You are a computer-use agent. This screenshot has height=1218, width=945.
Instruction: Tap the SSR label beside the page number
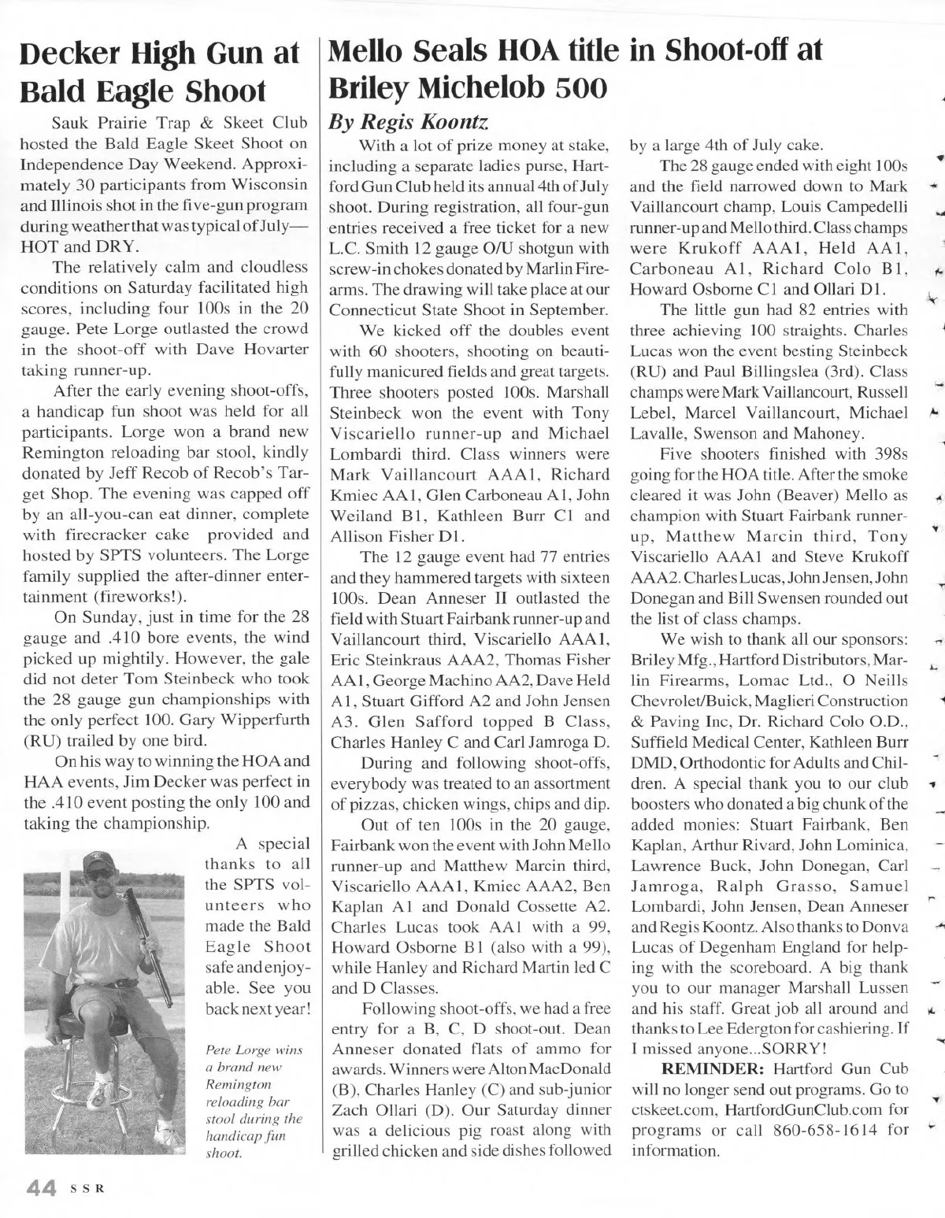click(x=83, y=1187)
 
